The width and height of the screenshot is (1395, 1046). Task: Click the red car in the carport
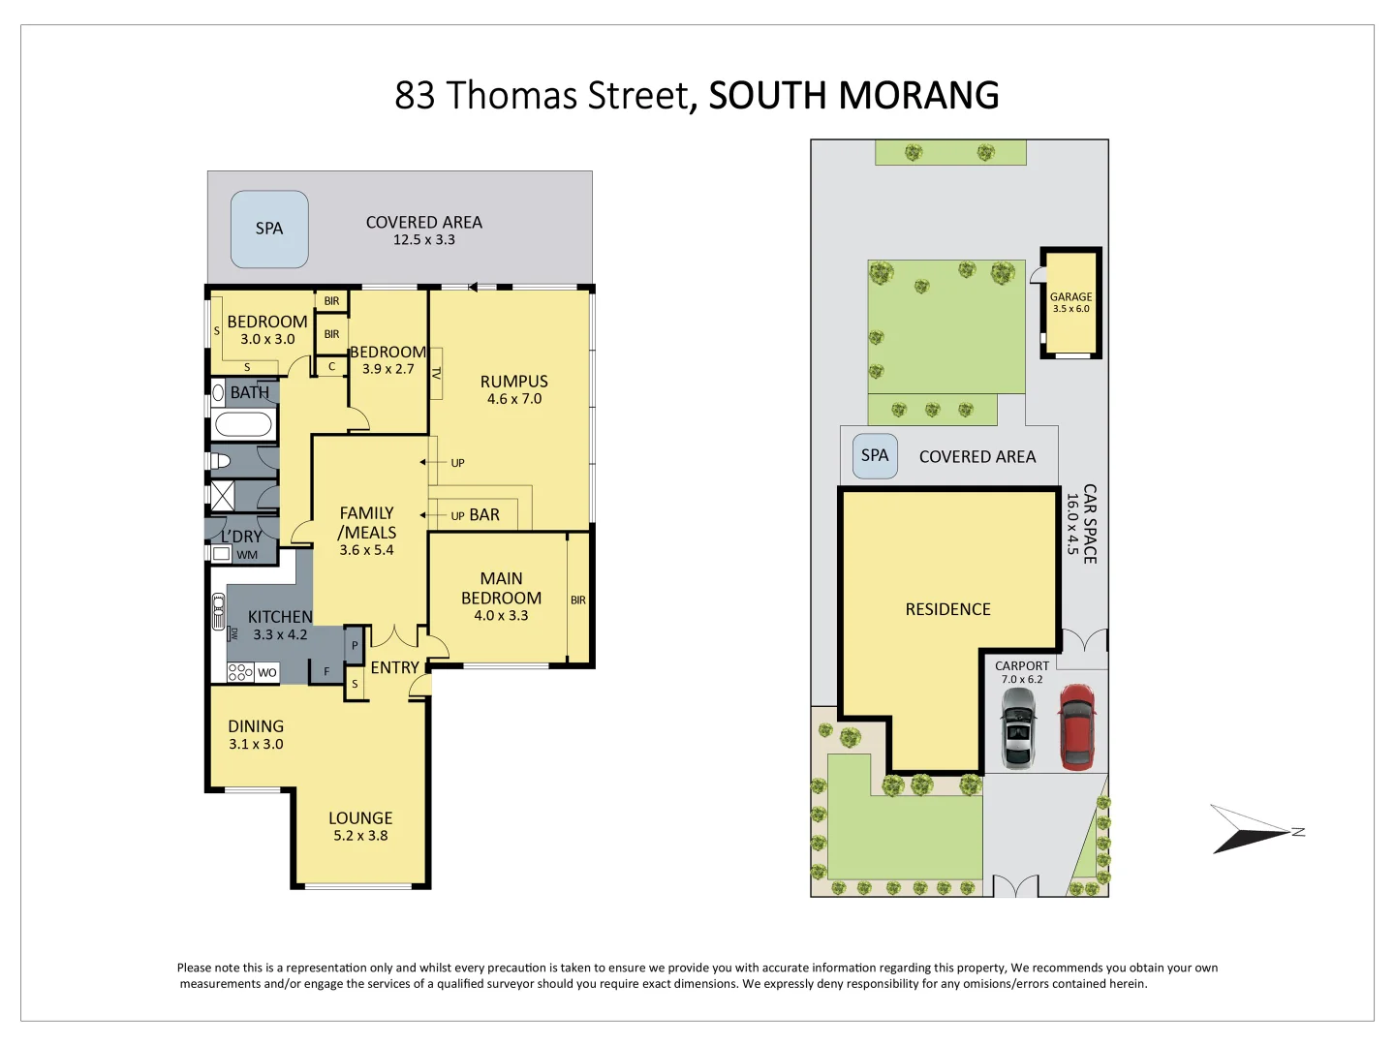1076,727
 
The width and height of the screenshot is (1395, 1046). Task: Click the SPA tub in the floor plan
269,229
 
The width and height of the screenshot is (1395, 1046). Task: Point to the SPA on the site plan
875,456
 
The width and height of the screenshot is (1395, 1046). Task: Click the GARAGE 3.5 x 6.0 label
1070,303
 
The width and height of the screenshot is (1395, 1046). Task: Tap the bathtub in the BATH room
243,425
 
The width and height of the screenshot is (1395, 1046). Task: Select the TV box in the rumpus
436,373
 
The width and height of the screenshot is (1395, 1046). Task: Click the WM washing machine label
247,555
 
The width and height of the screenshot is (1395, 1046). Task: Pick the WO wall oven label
266,672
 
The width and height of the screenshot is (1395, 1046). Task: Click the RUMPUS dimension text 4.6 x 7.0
514,399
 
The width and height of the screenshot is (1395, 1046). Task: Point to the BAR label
484,515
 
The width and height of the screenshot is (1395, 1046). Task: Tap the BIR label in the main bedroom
578,600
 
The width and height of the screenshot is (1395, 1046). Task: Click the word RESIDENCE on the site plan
947,609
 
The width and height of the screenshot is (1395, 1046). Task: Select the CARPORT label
1022,666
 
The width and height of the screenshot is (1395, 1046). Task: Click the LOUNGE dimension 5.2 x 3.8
360,836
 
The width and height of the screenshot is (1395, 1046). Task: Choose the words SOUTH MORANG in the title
853,96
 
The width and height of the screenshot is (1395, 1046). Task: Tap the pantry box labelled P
355,645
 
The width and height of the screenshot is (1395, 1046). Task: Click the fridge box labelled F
326,671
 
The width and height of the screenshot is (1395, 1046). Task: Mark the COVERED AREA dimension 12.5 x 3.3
423,240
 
